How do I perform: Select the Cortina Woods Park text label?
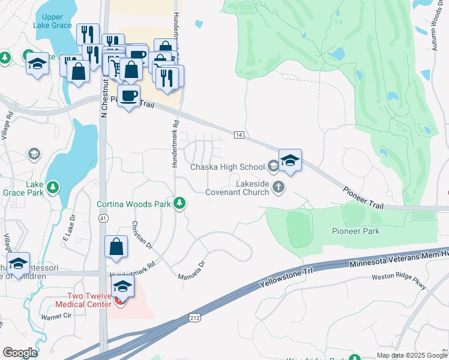(134, 204)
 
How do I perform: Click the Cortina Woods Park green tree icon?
(179, 204)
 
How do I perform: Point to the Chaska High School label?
(227, 167)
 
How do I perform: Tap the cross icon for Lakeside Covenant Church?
(278, 187)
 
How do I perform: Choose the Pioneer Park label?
(356, 231)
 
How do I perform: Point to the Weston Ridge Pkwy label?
(399, 281)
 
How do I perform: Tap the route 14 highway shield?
(238, 135)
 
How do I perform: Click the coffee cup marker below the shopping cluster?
(128, 95)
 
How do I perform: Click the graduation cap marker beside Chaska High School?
(289, 160)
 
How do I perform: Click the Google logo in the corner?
(20, 353)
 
